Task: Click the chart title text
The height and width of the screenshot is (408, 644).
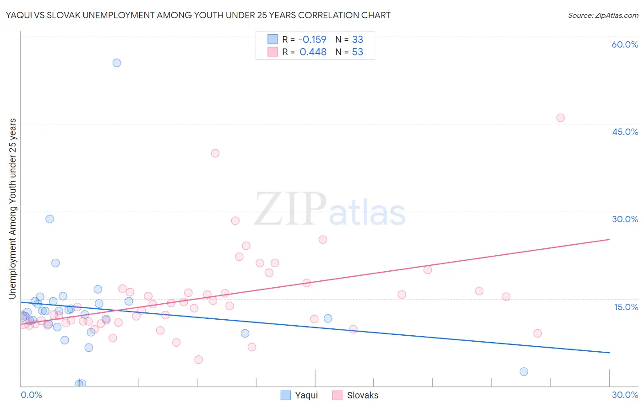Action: tap(198, 15)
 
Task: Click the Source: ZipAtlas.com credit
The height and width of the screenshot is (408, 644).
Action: tap(603, 15)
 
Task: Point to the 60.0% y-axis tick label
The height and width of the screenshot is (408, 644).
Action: tap(625, 44)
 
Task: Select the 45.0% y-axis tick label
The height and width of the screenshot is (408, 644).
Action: tap(625, 132)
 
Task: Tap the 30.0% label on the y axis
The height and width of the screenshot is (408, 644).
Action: tap(625, 219)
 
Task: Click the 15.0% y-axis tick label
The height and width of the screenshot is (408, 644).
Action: tap(626, 306)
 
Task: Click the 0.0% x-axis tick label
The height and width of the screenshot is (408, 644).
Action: tap(31, 395)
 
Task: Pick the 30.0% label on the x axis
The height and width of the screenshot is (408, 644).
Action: tap(625, 395)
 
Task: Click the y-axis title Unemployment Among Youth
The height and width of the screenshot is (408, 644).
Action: tap(12, 208)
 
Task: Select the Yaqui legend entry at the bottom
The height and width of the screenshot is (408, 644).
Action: tap(299, 395)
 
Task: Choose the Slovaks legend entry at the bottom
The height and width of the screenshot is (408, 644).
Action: tap(355, 395)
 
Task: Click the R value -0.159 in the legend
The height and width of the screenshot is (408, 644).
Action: tap(312, 39)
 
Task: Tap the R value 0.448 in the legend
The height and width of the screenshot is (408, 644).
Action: tap(313, 52)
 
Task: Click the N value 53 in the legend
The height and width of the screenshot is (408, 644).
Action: tap(357, 52)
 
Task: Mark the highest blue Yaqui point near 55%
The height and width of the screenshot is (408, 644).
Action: tap(117, 63)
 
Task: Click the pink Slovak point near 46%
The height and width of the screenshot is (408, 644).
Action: tap(560, 118)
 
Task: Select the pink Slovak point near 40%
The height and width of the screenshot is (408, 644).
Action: tap(215, 153)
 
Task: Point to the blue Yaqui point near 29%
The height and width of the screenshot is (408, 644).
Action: tap(50, 219)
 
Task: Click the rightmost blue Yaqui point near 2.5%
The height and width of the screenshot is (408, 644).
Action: tap(524, 371)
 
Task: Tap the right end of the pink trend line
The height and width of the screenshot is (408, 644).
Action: tap(609, 239)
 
